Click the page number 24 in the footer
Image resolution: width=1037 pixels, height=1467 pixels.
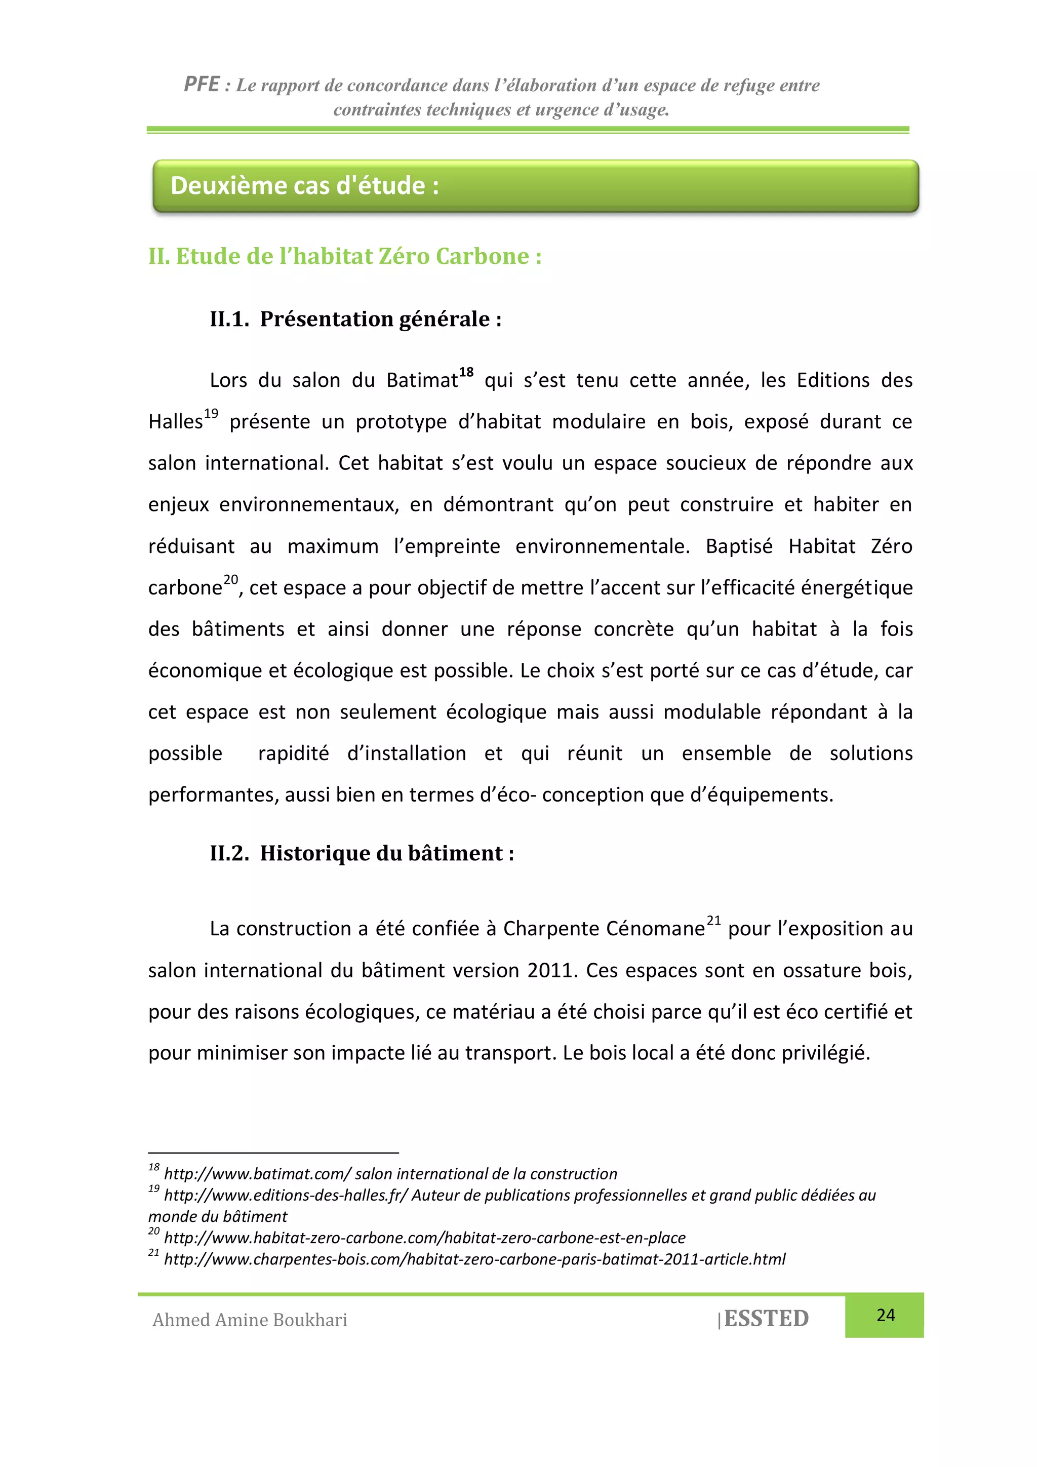tap(885, 1315)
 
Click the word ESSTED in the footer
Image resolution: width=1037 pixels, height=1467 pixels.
tap(766, 1318)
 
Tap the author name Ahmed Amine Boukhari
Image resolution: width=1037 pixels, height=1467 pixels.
tap(250, 1320)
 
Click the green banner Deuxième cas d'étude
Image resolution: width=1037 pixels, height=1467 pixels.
tap(535, 186)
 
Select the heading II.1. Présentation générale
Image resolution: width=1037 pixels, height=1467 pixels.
tap(355, 319)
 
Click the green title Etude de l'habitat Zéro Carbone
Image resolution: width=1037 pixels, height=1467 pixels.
tap(345, 256)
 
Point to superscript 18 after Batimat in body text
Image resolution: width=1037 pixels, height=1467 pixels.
tap(466, 373)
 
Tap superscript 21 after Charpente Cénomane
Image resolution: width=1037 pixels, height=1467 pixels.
tap(713, 921)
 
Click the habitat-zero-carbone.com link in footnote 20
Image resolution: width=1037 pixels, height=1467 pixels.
tap(424, 1238)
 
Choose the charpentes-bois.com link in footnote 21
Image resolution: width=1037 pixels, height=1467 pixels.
tap(474, 1259)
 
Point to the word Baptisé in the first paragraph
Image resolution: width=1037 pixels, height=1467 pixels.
tap(739, 546)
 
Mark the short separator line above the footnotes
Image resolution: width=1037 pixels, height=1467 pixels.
tap(273, 1153)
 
